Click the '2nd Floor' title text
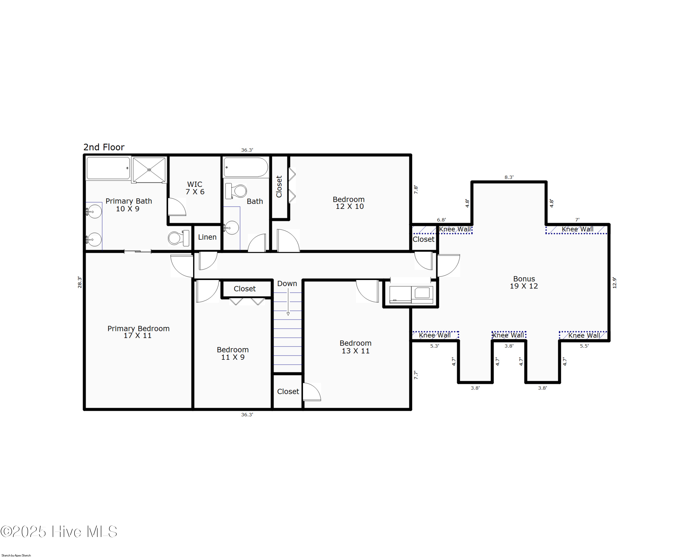coord(104,147)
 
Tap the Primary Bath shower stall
coord(149,170)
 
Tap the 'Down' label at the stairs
coord(287,284)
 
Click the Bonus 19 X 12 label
coord(524,282)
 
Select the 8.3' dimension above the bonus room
coord(509,177)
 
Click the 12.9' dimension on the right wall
coord(614,283)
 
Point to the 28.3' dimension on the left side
coord(80,282)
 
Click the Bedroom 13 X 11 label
coord(356,347)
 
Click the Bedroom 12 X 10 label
coord(349,203)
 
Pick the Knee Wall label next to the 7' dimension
coord(577,229)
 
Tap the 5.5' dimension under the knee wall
coord(584,346)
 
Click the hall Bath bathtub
coord(246,167)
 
